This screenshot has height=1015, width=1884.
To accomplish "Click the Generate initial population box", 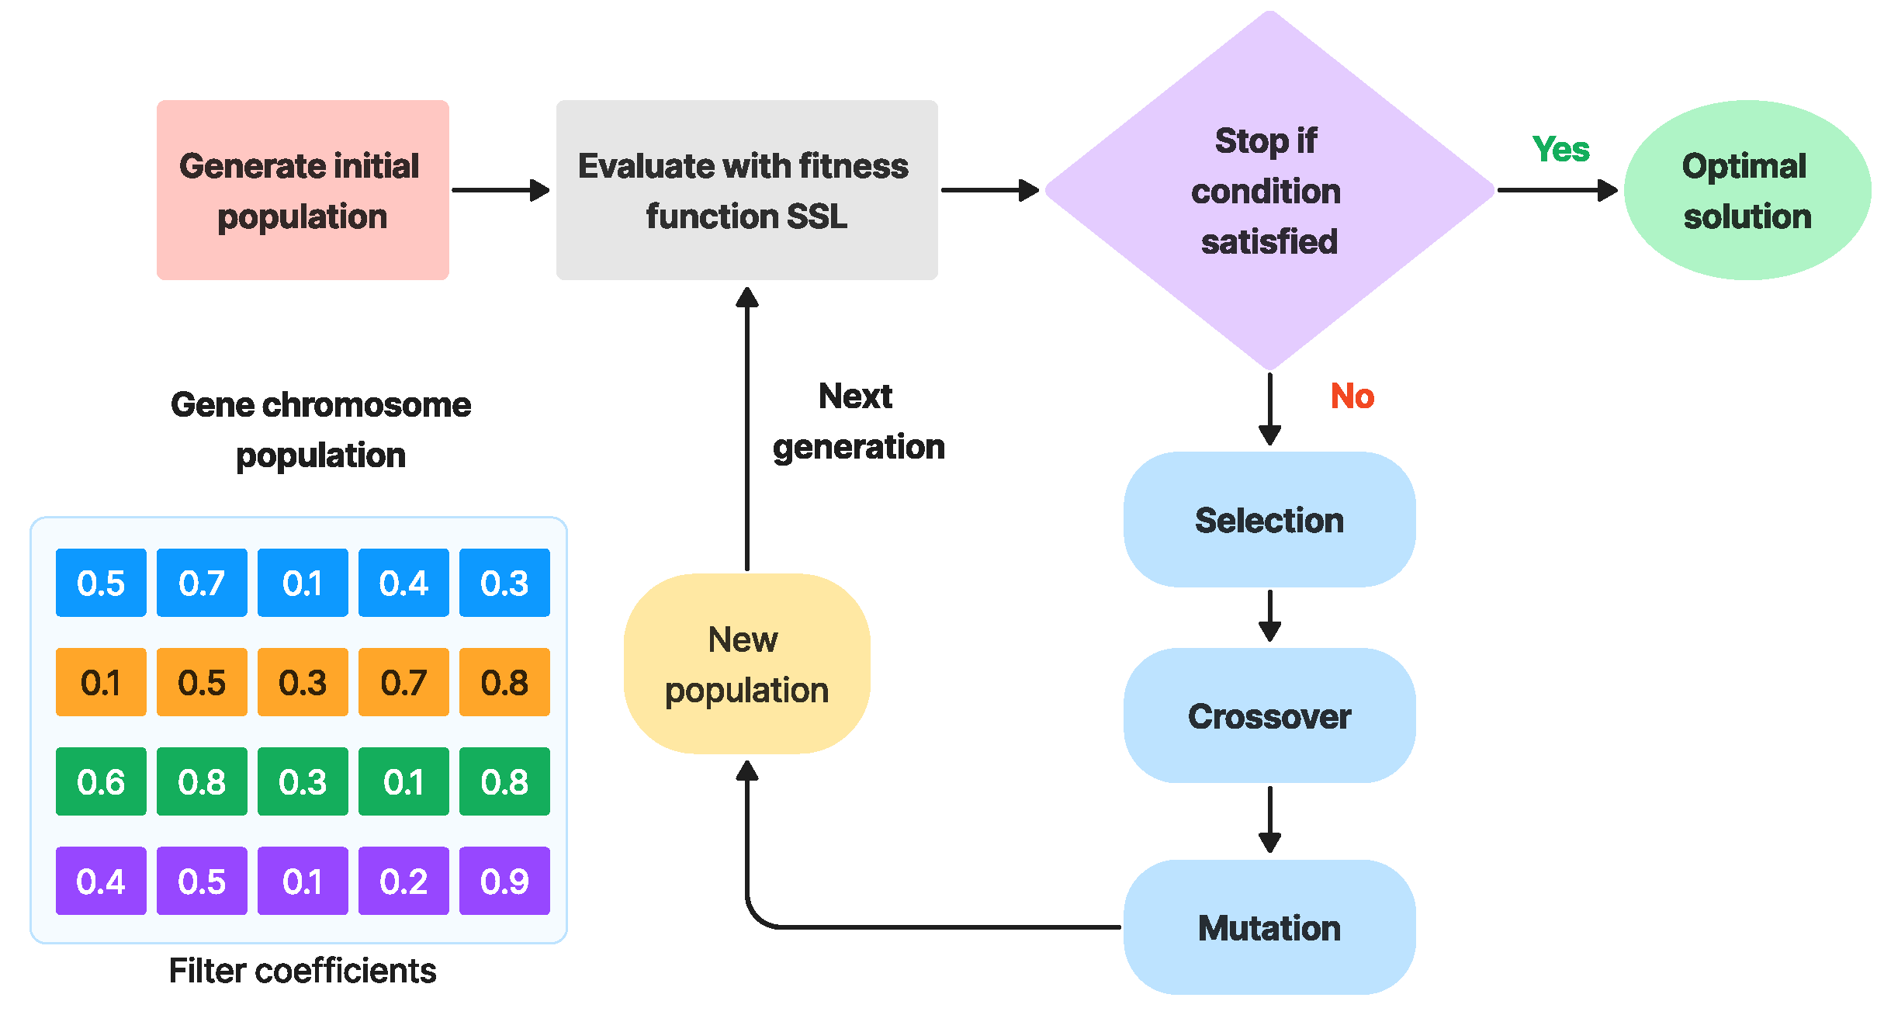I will [x=303, y=190].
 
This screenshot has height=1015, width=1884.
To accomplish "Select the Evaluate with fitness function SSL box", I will [x=746, y=190].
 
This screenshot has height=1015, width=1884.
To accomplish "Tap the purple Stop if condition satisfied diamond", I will [x=1269, y=190].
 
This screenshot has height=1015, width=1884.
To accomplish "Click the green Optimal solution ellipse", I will [x=1747, y=190].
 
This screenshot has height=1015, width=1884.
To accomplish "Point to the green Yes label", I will [x=1560, y=149].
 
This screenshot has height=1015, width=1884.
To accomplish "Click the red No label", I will [x=1352, y=397].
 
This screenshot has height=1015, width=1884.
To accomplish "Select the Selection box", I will [x=1269, y=520].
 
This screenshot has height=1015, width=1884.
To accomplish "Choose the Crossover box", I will [x=1269, y=715].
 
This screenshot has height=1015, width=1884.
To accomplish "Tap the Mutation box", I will [x=1269, y=927].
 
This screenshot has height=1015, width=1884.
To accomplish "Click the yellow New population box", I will [x=746, y=664].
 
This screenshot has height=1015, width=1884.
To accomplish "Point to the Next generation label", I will [x=858, y=421].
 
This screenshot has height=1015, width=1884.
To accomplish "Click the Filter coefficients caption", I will [x=303, y=971].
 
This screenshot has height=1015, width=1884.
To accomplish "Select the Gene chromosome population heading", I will [x=320, y=429].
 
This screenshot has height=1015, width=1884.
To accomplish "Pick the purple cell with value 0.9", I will [x=504, y=881].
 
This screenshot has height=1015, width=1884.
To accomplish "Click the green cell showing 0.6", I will [x=101, y=781].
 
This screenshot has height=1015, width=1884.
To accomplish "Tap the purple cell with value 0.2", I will [x=403, y=881].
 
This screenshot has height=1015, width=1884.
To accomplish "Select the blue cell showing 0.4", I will [x=403, y=583].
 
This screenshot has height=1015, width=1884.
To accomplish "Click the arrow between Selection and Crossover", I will [x=1269, y=616].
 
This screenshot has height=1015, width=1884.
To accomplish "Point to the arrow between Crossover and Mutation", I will [x=1269, y=819].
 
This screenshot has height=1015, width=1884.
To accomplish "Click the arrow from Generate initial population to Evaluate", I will [x=500, y=190].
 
